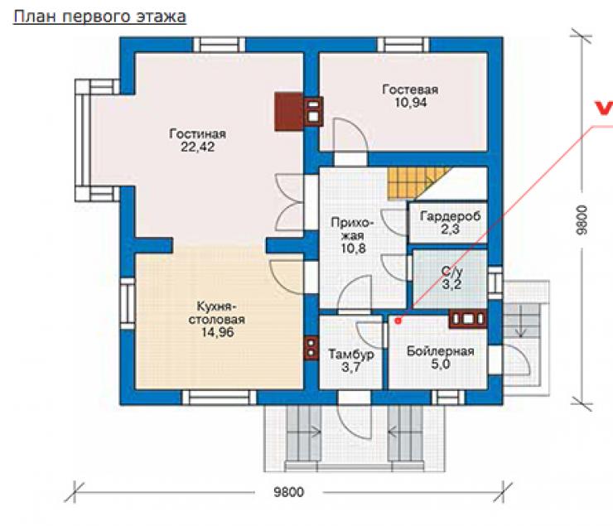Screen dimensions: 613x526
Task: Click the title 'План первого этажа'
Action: click(x=99, y=17)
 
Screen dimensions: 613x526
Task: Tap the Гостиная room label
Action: click(x=197, y=133)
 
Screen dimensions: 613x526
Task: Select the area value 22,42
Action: click(x=197, y=147)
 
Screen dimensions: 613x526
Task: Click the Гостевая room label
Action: click(x=410, y=89)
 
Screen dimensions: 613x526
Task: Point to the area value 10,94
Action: click(x=411, y=103)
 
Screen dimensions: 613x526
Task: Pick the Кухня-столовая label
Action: click(x=216, y=312)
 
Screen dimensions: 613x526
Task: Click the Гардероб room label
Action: click(x=450, y=216)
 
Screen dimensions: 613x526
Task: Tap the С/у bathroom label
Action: click(x=452, y=271)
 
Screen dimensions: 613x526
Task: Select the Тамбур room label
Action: click(x=350, y=354)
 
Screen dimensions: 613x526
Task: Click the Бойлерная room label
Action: click(x=441, y=351)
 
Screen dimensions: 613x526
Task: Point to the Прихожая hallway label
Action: click(x=353, y=229)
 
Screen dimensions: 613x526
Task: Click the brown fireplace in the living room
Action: click(x=288, y=111)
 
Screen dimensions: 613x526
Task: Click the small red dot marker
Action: click(x=398, y=321)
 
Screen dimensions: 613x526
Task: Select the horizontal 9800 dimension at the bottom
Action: click(x=289, y=491)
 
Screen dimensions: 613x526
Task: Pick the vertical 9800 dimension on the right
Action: click(x=582, y=220)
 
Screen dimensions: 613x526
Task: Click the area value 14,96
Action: click(x=217, y=332)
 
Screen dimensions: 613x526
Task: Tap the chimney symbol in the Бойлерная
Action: click(x=467, y=318)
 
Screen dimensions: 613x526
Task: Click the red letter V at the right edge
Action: click(x=604, y=109)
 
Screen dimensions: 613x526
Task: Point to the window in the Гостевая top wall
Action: click(x=403, y=45)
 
